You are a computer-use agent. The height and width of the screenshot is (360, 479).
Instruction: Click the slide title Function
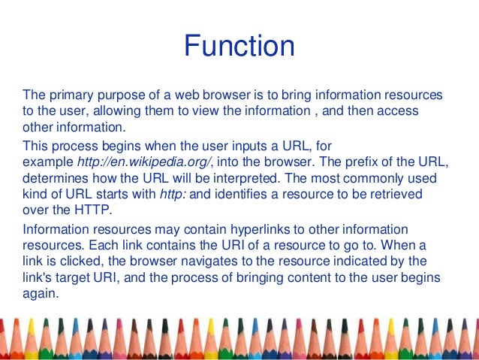pyautogui.click(x=239, y=47)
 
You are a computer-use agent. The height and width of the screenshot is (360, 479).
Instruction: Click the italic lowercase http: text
pyautogui.click(x=173, y=195)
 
